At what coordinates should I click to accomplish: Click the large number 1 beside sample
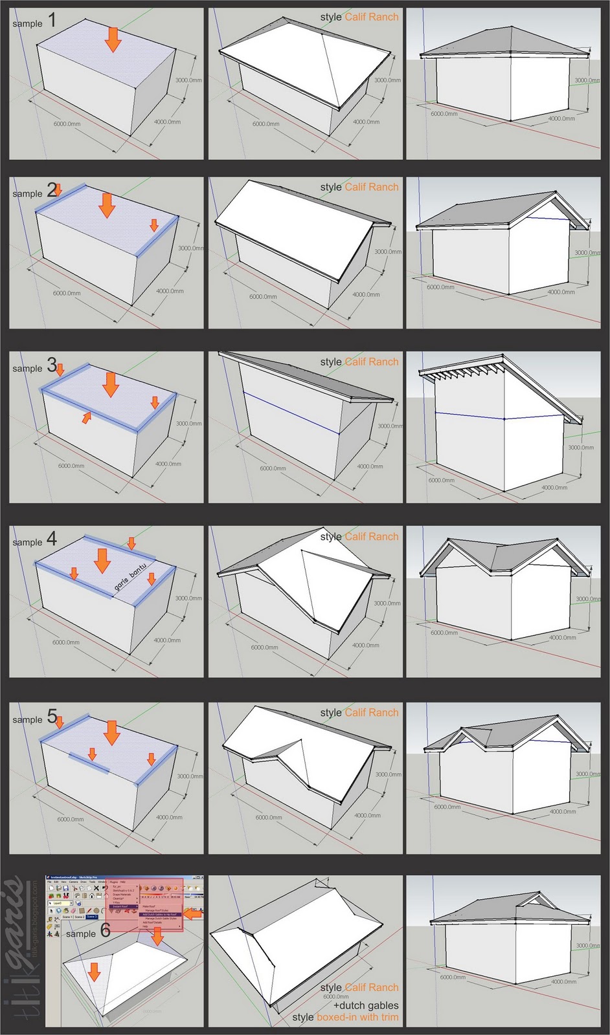52,20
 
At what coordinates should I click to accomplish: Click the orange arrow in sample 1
113,39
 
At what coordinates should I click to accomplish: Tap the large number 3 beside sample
52,365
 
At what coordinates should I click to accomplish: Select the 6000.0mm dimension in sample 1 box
67,124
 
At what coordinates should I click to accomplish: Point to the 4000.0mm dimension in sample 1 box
167,122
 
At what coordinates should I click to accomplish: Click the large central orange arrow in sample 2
107,206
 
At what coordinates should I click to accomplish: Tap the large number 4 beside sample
52,539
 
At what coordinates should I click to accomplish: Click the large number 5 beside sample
52,717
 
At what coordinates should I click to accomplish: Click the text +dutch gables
366,1005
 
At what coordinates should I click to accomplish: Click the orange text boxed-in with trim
357,1017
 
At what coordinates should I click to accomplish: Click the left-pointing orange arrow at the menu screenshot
193,913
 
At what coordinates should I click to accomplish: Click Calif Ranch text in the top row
372,17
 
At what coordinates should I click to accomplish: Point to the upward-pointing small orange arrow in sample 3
86,418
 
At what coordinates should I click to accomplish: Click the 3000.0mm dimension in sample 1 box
188,80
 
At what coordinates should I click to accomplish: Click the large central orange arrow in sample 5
112,733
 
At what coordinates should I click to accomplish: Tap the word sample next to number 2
27,193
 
